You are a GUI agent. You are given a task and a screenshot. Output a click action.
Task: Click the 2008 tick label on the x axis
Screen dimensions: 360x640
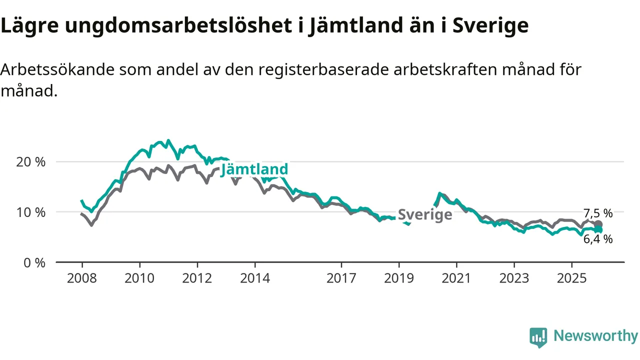pos(82,278)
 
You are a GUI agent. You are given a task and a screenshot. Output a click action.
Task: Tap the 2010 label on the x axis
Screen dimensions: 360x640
pos(139,278)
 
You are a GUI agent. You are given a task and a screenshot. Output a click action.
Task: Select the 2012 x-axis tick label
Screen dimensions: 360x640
pos(197,278)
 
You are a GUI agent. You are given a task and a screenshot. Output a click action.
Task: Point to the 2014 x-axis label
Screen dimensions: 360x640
pos(255,278)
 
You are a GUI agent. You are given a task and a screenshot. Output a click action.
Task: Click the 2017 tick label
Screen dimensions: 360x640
pos(341,278)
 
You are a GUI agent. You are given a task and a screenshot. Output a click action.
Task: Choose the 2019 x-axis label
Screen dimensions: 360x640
pos(399,278)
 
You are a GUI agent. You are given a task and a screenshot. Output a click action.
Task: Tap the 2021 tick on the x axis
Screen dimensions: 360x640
pos(456,278)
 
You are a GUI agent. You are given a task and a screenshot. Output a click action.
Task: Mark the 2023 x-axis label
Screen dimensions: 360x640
pos(514,278)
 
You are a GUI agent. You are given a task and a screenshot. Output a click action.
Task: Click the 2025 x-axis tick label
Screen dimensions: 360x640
pos(571,278)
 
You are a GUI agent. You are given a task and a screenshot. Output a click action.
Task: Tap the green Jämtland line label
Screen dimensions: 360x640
pos(254,169)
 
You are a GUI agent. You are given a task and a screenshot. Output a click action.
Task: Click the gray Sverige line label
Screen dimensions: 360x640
pos(425,215)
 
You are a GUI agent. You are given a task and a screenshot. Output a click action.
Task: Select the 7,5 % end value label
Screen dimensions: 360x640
pos(598,213)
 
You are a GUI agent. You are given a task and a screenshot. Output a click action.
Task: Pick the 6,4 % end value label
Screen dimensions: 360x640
pos(598,239)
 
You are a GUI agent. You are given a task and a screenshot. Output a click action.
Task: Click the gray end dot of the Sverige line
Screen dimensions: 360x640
pos(598,224)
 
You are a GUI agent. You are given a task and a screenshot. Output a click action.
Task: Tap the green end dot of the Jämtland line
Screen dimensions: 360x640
pos(598,230)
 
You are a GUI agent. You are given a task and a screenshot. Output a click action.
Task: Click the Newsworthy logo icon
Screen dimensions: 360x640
pos(538,337)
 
